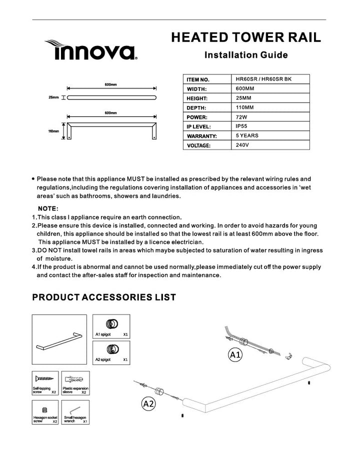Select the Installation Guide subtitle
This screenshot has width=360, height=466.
pyautogui.click(x=246, y=54)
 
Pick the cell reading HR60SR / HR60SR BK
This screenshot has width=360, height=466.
pyautogui.click(x=259, y=79)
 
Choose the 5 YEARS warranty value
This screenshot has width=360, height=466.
pyautogui.click(x=246, y=135)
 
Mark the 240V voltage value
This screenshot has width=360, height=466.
pyautogui.click(x=242, y=145)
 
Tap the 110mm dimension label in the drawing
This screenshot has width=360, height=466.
pyautogui.click(x=53, y=131)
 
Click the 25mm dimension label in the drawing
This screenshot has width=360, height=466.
pyautogui.click(x=53, y=97)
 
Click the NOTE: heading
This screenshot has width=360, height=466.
pyautogui.click(x=48, y=208)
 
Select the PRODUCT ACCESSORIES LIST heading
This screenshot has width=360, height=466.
pyautogui.click(x=104, y=297)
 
